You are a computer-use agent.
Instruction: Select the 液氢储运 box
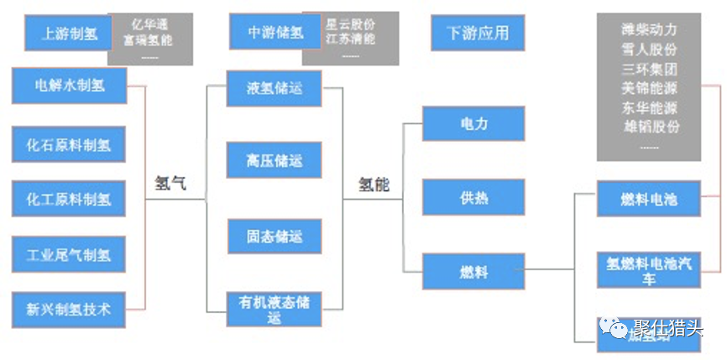point(274,87)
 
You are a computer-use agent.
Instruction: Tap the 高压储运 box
point(274,160)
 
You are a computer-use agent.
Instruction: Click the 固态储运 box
point(274,235)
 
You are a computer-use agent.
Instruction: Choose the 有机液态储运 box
point(274,308)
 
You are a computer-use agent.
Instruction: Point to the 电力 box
point(473,123)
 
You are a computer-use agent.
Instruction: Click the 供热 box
point(473,198)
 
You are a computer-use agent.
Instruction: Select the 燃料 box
point(473,272)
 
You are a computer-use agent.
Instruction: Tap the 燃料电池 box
point(648,199)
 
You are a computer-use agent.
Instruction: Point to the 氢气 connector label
point(171,184)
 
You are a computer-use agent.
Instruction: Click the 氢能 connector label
point(374,184)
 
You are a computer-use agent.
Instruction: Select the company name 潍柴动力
point(649,30)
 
